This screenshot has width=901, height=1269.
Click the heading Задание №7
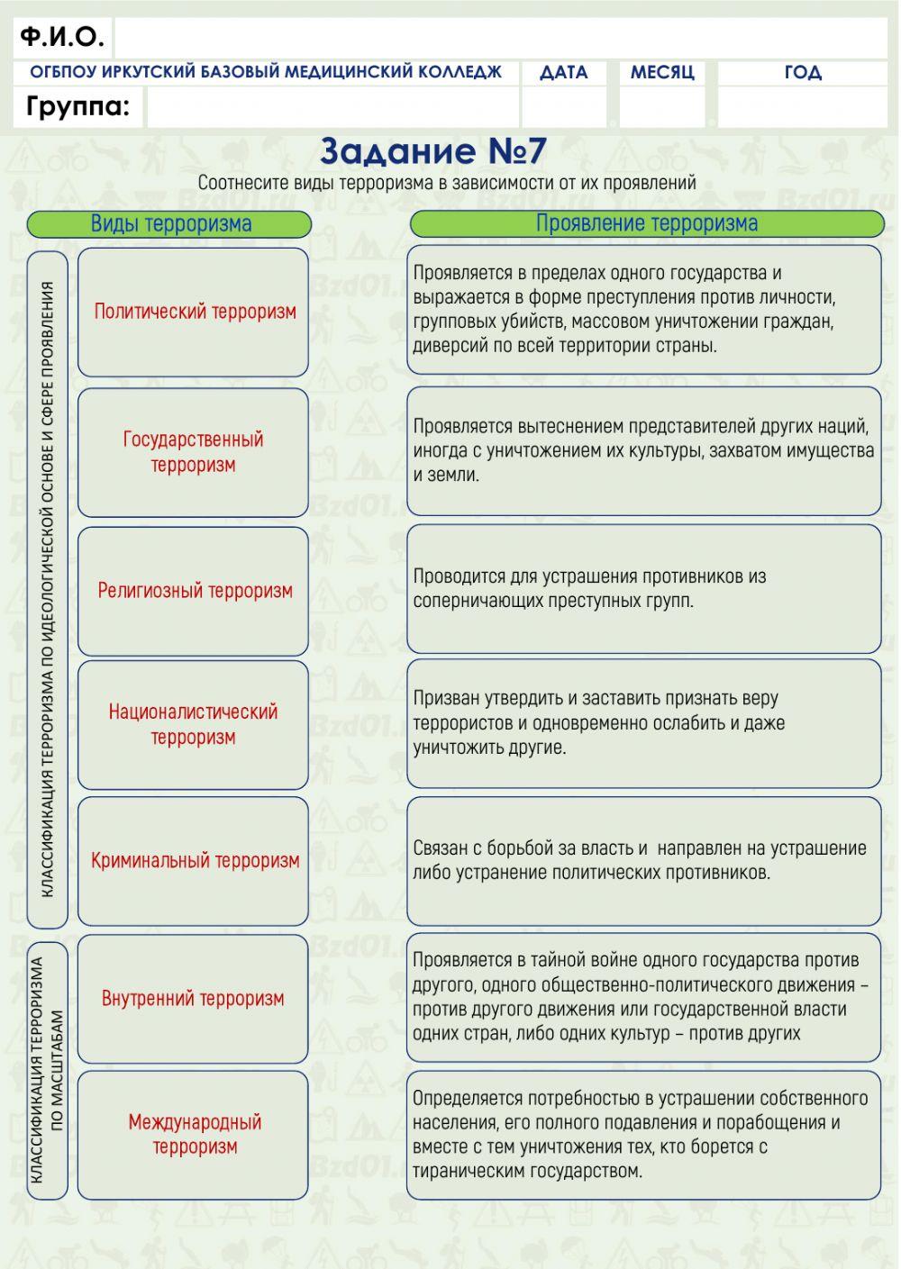pyautogui.click(x=433, y=151)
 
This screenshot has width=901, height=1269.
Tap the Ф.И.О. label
pyautogui.click(x=62, y=37)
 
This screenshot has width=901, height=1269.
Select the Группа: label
pyautogui.click(x=77, y=107)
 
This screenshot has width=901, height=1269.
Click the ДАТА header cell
pyautogui.click(x=564, y=73)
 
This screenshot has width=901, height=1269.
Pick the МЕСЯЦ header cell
pyautogui.click(x=662, y=73)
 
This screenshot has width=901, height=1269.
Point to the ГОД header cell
pyautogui.click(x=803, y=73)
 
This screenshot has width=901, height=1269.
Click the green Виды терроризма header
pyautogui.click(x=169, y=224)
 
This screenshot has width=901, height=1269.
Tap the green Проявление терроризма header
pyautogui.click(x=647, y=223)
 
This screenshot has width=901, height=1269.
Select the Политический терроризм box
pyautogui.click(x=194, y=313)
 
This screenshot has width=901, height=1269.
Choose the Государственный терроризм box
pyautogui.click(x=194, y=452)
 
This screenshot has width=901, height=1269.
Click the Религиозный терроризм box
pyautogui.click(x=194, y=591)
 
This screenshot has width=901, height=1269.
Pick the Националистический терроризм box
pyautogui.click(x=194, y=724)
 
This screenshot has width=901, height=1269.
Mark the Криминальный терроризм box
pyautogui.click(x=194, y=861)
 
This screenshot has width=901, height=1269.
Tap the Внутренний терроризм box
pyautogui.click(x=194, y=999)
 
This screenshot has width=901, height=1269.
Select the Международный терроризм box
pyautogui.click(x=194, y=1135)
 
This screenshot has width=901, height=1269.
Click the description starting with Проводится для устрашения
pyautogui.click(x=643, y=589)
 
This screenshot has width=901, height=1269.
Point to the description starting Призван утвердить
pyautogui.click(x=643, y=723)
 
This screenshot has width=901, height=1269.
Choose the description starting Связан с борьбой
pyautogui.click(x=643, y=860)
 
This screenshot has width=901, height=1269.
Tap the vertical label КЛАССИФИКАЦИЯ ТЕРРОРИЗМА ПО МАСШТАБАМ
pyautogui.click(x=48, y=1070)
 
